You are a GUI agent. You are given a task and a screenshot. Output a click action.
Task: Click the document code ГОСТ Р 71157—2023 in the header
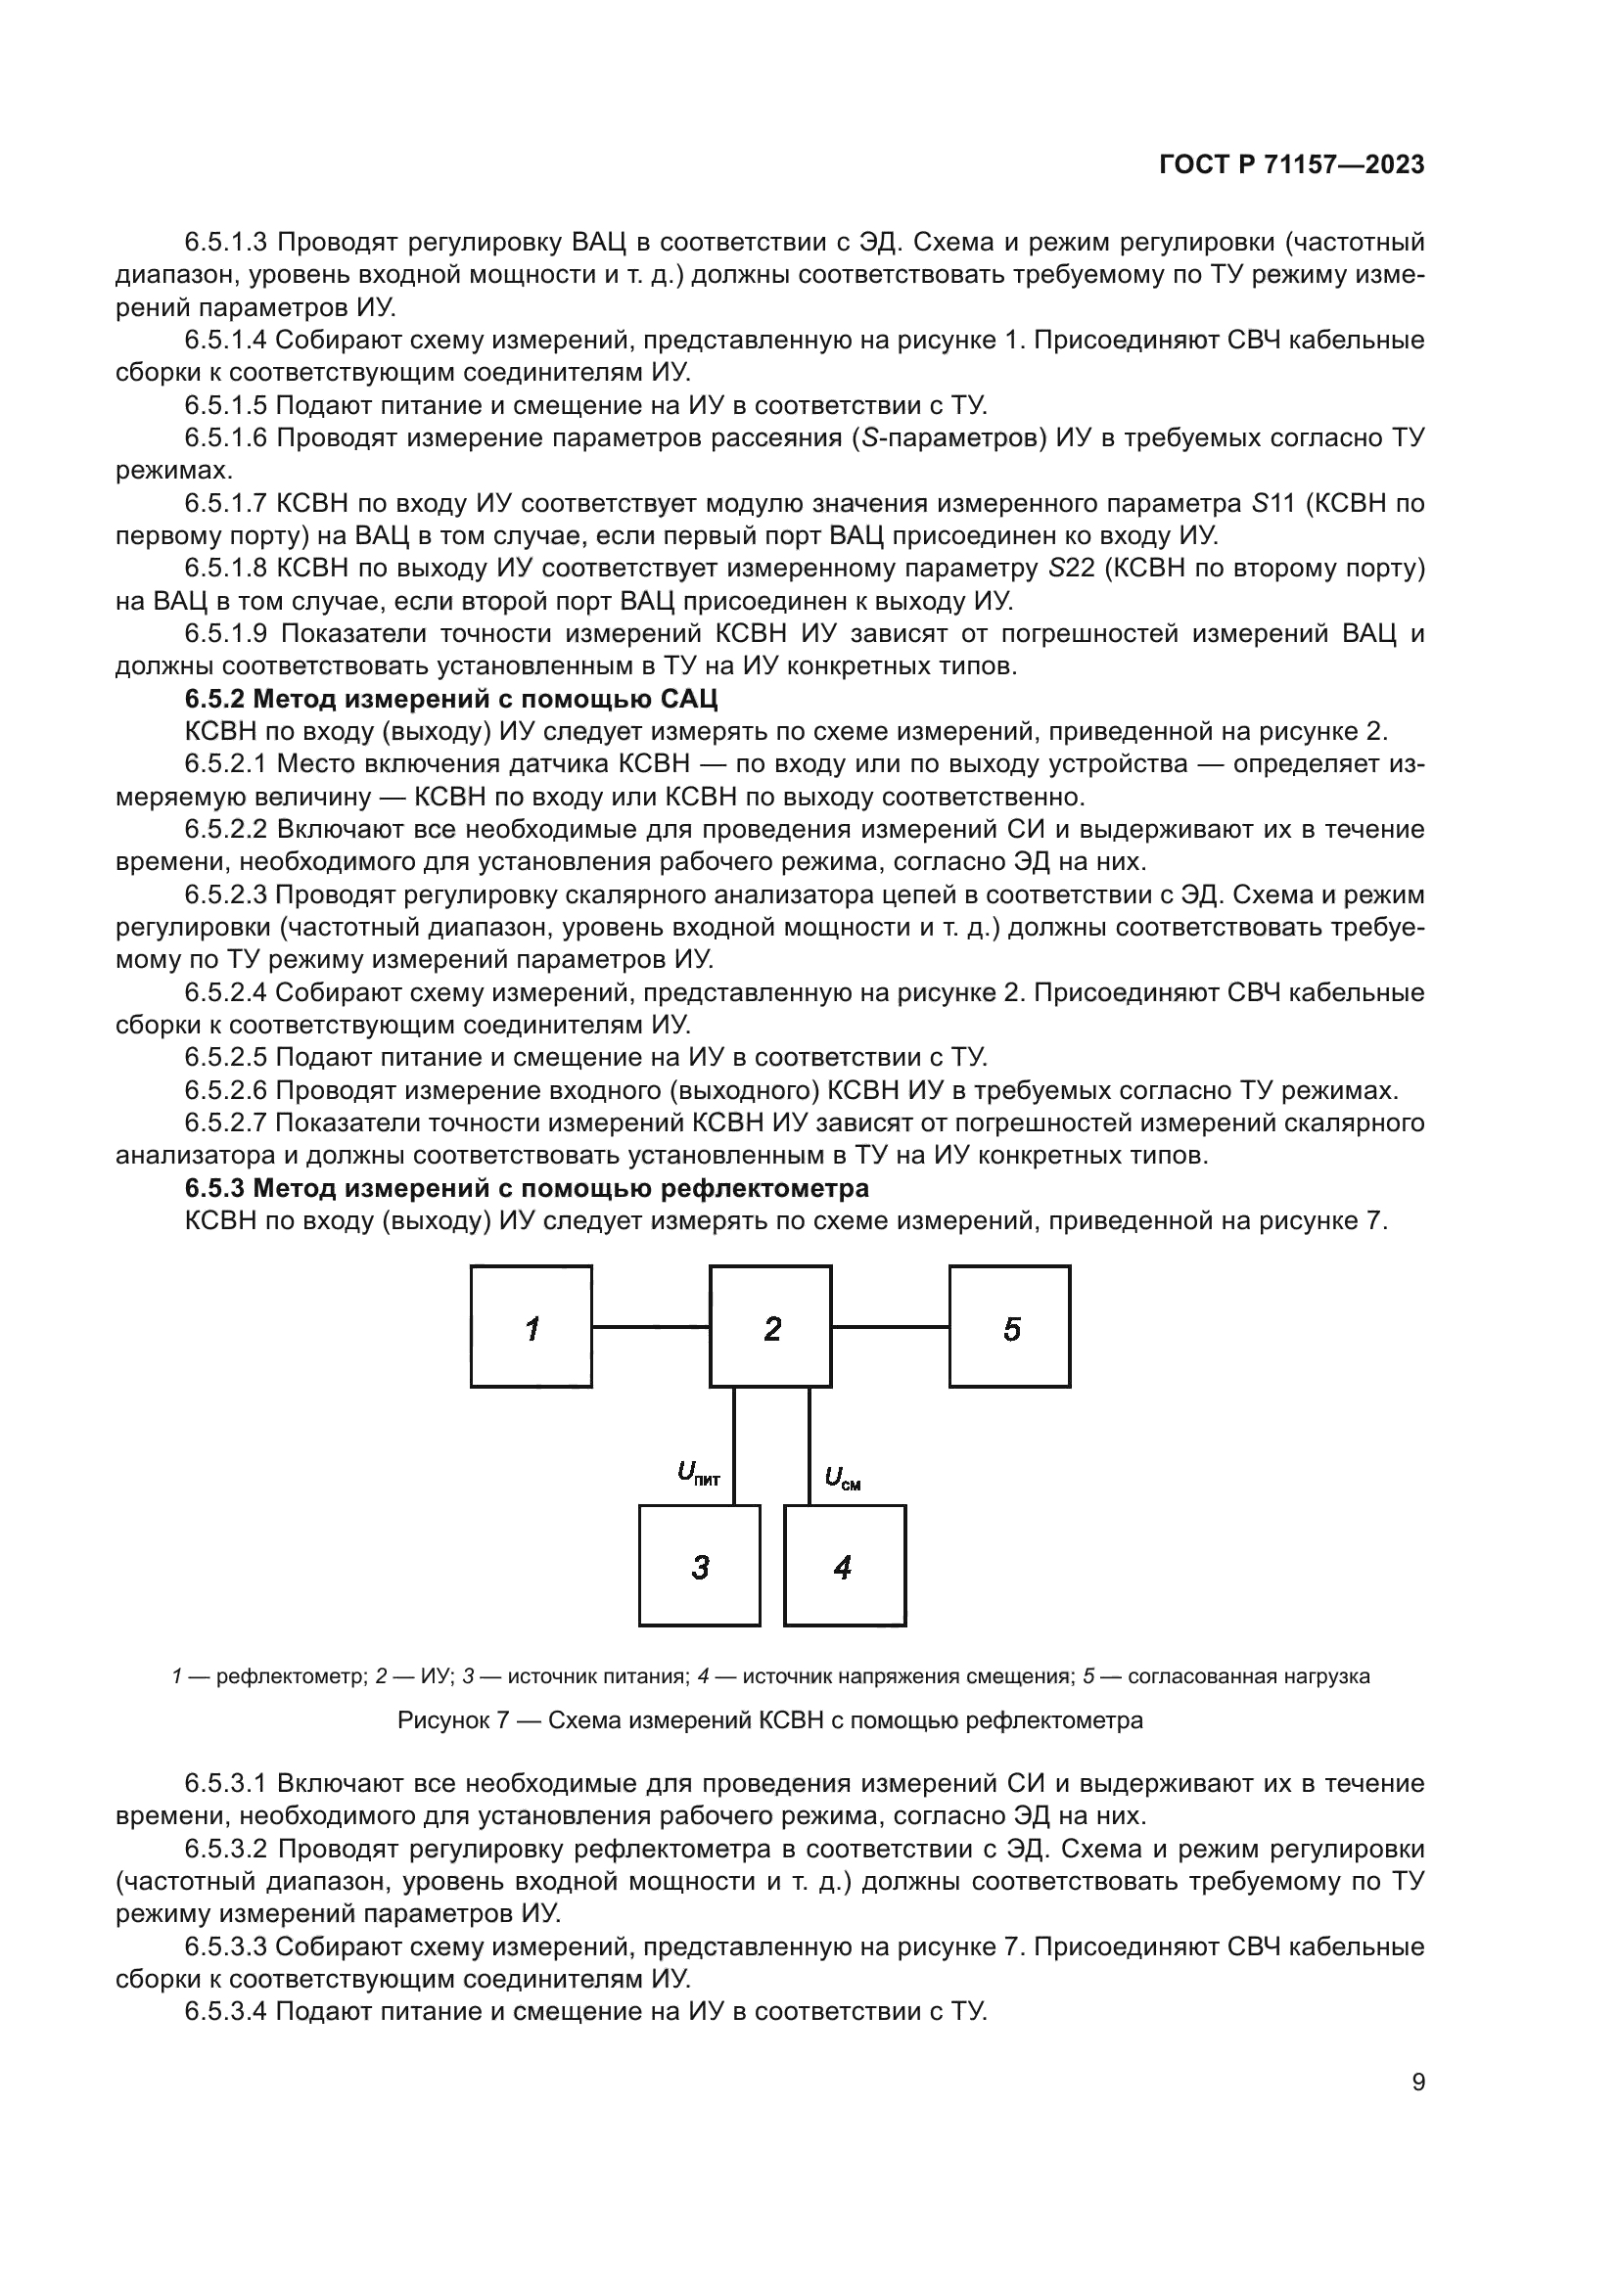click(1291, 165)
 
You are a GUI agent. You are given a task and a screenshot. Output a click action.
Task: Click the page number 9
click(1417, 2083)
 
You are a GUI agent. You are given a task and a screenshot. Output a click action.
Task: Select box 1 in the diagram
click(532, 1327)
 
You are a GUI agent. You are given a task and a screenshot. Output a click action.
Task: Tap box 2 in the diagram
click(770, 1327)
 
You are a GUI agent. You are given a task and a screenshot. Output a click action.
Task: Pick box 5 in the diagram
click(1010, 1327)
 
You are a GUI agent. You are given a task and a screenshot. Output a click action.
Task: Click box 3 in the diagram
click(700, 1566)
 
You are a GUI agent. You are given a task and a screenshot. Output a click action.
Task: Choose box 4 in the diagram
click(845, 1566)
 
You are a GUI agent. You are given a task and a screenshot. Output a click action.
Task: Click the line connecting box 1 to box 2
click(651, 1327)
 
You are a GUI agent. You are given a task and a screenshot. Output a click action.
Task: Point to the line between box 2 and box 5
click(890, 1327)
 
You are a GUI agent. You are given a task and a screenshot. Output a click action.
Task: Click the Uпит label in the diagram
click(698, 1473)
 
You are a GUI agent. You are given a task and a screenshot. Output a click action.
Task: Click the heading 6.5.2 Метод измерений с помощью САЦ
click(450, 699)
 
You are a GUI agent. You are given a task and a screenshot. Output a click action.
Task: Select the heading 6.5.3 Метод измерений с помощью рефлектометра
click(527, 1188)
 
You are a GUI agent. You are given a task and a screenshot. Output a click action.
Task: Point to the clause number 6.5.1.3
click(226, 243)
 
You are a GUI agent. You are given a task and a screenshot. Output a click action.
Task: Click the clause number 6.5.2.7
click(226, 1123)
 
